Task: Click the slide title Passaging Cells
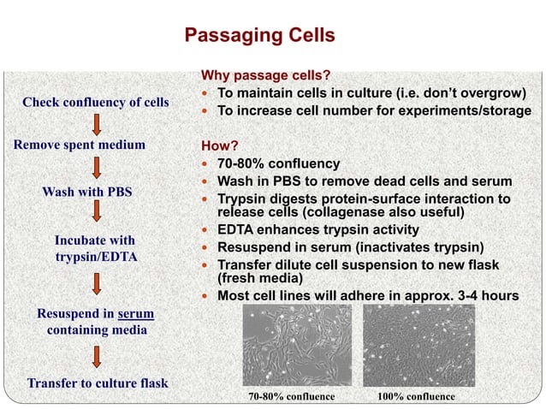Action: (259, 36)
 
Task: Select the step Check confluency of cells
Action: (95, 103)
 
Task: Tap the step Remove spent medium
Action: (79, 145)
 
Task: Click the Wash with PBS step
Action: (87, 191)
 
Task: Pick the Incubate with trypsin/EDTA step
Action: (94, 248)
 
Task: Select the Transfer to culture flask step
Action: (97, 382)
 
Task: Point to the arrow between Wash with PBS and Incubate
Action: (96, 214)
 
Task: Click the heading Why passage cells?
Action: (264, 76)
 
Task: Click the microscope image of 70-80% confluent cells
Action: (290, 347)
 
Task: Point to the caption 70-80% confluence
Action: (291, 397)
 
